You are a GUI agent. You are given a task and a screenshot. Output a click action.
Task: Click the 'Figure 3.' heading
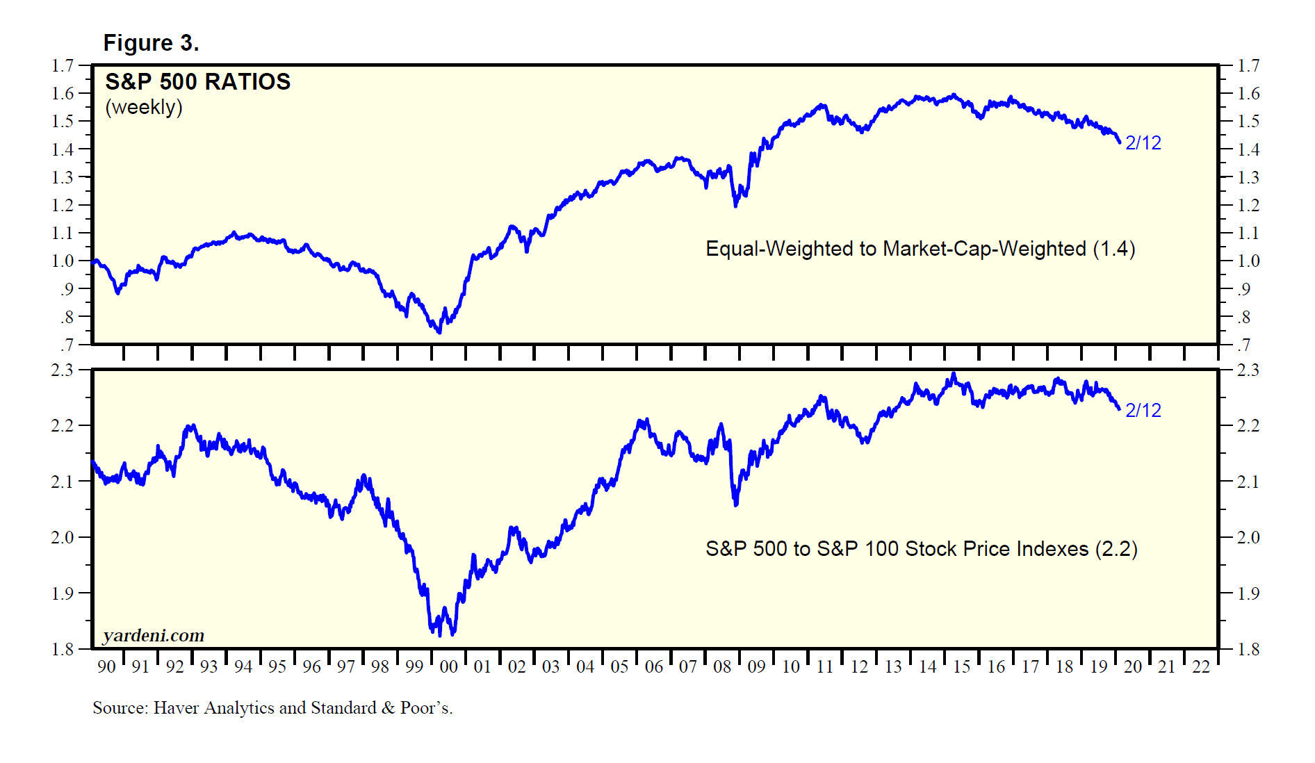[151, 43]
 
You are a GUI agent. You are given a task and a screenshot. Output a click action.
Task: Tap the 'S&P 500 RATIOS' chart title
[197, 82]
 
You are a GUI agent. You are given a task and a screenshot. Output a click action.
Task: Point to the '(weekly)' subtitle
[144, 107]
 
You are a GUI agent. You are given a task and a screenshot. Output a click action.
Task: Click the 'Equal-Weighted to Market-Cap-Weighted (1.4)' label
[920, 249]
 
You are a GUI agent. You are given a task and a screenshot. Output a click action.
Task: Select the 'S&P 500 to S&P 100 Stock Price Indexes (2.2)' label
[921, 549]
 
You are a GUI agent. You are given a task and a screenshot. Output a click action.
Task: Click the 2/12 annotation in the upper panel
[1143, 143]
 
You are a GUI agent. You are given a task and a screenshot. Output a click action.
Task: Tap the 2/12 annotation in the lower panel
[1143, 411]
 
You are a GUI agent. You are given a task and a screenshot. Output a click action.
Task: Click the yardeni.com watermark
[154, 635]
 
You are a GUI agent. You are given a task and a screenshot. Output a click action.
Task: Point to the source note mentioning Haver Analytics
[272, 708]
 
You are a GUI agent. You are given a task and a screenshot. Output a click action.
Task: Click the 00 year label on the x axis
[449, 667]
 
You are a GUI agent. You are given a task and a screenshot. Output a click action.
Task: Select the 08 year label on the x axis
[722, 667]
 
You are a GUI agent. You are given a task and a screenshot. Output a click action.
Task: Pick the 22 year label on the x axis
[1201, 667]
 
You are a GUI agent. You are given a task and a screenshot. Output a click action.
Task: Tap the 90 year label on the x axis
[106, 667]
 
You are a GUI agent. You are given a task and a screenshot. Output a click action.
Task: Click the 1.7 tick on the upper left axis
[63, 66]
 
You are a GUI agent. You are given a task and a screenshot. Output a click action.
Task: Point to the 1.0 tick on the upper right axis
[1248, 261]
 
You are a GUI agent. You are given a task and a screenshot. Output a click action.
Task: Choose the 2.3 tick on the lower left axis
[63, 370]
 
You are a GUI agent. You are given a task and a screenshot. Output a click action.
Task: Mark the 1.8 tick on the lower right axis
[1248, 650]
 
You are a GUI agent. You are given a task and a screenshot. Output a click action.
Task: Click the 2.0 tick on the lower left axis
[63, 537]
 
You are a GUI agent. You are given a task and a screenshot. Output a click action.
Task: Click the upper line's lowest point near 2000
[439, 332]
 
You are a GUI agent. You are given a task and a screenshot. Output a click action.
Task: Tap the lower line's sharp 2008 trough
[736, 504]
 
